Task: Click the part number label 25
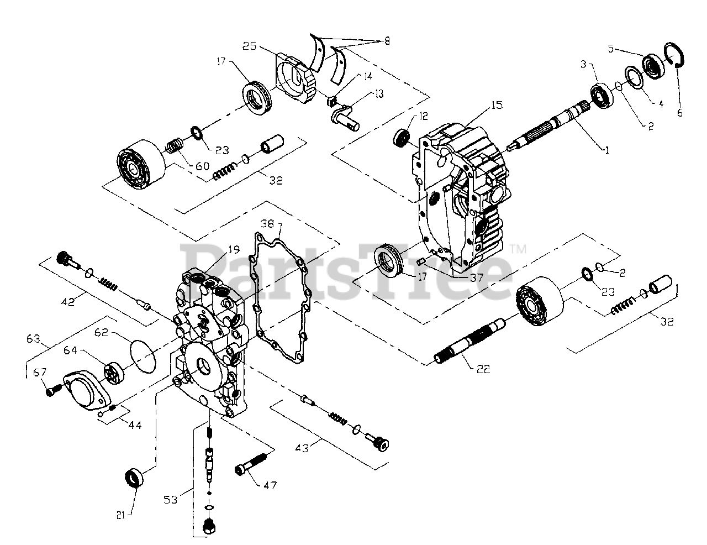tap(249, 46)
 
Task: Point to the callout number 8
tap(387, 41)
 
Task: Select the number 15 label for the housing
tap(497, 104)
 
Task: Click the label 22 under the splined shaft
tap(483, 369)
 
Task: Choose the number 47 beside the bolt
tap(270, 485)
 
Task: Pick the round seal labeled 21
tap(135, 476)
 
